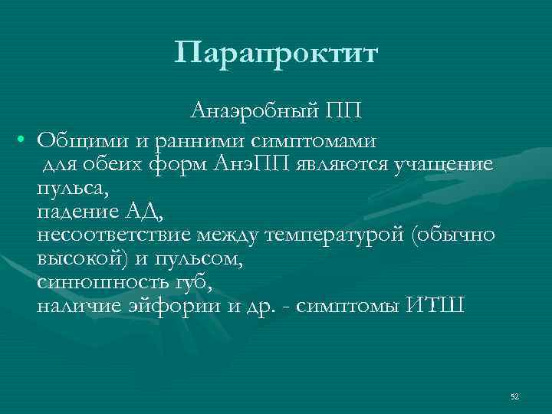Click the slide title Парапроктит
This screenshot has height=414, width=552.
click(x=276, y=53)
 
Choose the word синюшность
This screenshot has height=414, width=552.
click(x=94, y=282)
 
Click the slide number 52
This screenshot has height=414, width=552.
click(x=514, y=396)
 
